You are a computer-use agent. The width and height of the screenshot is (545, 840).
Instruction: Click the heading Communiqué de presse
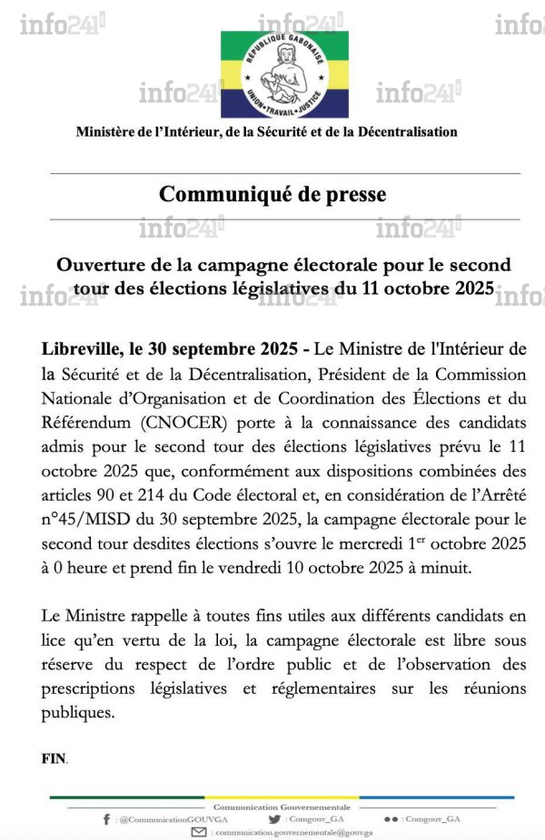pyautogui.click(x=272, y=194)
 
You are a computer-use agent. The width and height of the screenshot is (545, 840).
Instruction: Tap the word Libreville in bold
pyautogui.click(x=80, y=349)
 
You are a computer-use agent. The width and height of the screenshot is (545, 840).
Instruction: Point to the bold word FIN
pyautogui.click(x=54, y=758)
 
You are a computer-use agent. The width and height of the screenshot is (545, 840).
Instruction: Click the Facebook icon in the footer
pyautogui.click(x=107, y=819)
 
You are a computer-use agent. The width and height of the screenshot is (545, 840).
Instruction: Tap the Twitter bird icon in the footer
pyautogui.click(x=274, y=819)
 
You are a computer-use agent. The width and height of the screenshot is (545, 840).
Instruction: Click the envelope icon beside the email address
pyautogui.click(x=198, y=832)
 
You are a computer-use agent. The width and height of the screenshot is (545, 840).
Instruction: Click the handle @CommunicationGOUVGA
pyautogui.click(x=155, y=819)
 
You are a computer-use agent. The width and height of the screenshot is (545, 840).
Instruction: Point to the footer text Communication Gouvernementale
pyautogui.click(x=269, y=806)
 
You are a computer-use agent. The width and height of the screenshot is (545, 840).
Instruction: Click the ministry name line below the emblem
pyautogui.click(x=266, y=132)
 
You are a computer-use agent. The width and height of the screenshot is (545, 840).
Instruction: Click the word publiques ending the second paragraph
pyautogui.click(x=78, y=712)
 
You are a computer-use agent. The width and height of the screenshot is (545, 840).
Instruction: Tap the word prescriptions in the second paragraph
pyautogui.click(x=87, y=689)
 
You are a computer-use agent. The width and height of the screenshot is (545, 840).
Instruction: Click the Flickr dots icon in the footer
pyautogui.click(x=391, y=819)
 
